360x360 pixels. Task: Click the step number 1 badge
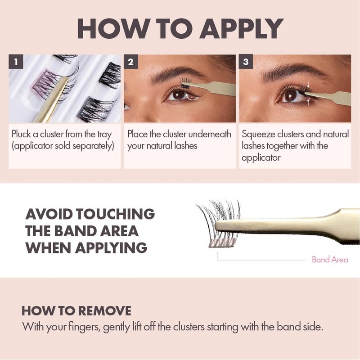tap(16, 63)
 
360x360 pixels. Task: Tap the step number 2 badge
tap(130, 63)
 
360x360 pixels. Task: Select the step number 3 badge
tap(245, 63)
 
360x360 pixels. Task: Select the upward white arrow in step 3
tap(308, 103)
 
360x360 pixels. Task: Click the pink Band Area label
tap(330, 260)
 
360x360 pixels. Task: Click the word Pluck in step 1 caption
tap(22, 134)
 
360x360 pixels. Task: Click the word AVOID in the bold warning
tap(49, 213)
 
